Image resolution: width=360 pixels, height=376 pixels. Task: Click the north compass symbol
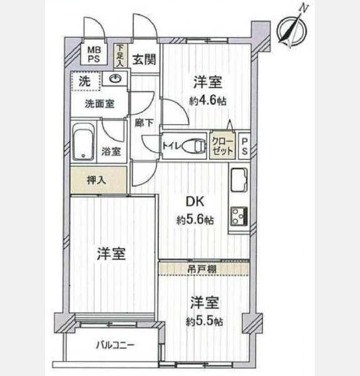[292, 29]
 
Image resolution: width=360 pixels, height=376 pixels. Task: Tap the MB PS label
[94, 55]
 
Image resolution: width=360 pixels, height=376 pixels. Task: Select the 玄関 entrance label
[144, 60]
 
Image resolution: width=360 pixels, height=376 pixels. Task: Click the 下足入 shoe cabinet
[120, 56]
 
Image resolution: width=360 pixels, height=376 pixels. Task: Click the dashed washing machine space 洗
[86, 81]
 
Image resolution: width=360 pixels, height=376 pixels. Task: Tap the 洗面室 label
[100, 104]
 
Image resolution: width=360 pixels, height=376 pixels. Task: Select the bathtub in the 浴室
[83, 142]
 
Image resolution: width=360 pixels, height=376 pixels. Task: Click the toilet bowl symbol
[193, 146]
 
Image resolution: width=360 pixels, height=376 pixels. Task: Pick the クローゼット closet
[222, 146]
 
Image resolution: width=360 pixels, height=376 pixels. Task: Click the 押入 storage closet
[98, 180]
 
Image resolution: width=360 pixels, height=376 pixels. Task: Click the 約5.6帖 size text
[195, 220]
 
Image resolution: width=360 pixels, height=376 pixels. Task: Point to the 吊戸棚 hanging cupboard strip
[203, 269]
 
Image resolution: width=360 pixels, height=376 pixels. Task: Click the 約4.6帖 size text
[208, 102]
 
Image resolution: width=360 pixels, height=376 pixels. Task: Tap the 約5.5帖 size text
[205, 321]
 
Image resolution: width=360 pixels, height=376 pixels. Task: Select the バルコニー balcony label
[115, 345]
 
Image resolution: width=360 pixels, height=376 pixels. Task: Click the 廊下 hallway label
[144, 123]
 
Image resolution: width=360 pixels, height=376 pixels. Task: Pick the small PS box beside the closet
[245, 146]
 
